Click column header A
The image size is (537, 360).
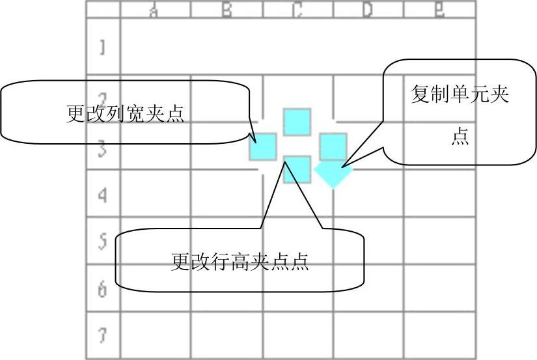(155, 10)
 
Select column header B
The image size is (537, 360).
(227, 10)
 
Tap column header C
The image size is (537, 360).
(297, 10)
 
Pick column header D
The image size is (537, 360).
(368, 10)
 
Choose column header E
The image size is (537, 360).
(439, 10)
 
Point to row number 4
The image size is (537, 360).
(103, 195)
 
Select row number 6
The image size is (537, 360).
(103, 289)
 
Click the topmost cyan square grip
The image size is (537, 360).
(297, 122)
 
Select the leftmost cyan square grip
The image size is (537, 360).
(264, 146)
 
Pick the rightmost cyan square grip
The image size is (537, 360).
(333, 146)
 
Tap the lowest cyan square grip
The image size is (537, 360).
(297, 169)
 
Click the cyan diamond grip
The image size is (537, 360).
(333, 173)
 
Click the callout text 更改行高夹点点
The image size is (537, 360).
(240, 262)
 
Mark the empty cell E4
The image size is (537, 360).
(439, 195)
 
